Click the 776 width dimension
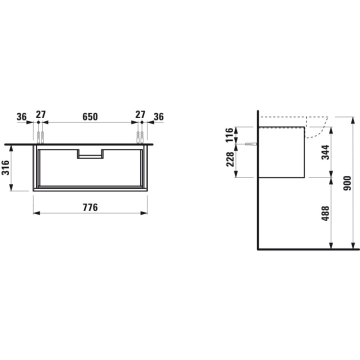[x=90, y=207]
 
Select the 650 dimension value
[x=90, y=116]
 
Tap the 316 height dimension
[x=5, y=168]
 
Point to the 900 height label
[x=347, y=183]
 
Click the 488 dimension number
[x=325, y=213]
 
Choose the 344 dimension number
[x=325, y=152]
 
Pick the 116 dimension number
[x=229, y=135]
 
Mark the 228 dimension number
[x=230, y=159]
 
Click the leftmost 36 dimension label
[x=21, y=116]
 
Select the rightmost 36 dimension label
[x=158, y=116]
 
